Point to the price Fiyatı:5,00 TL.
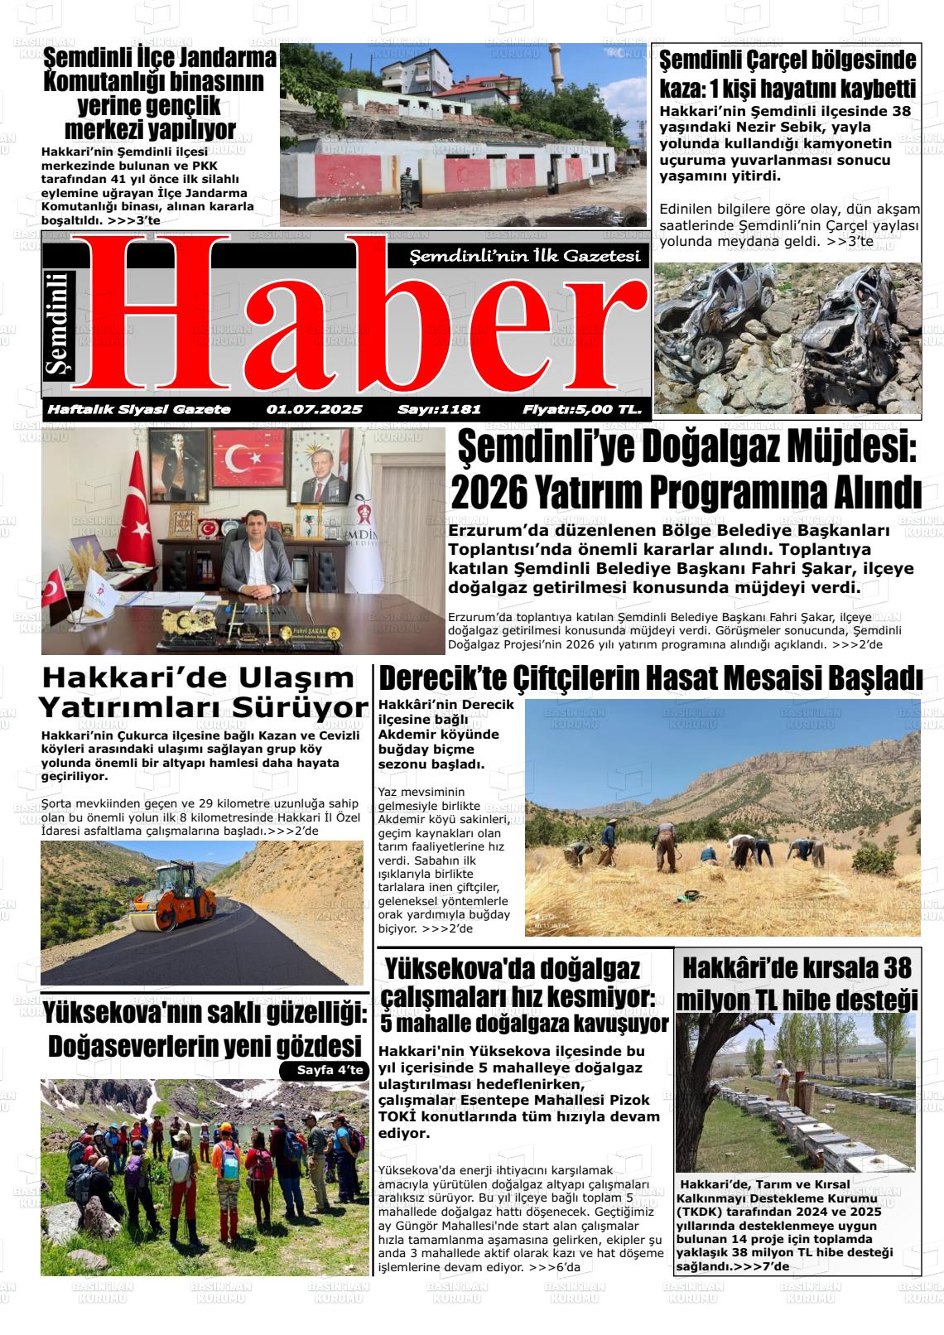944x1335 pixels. pos(582,409)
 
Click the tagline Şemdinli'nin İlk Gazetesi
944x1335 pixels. pos(526,257)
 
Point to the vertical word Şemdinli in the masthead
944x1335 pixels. pos(60,326)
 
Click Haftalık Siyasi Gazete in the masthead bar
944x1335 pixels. pos(139,409)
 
